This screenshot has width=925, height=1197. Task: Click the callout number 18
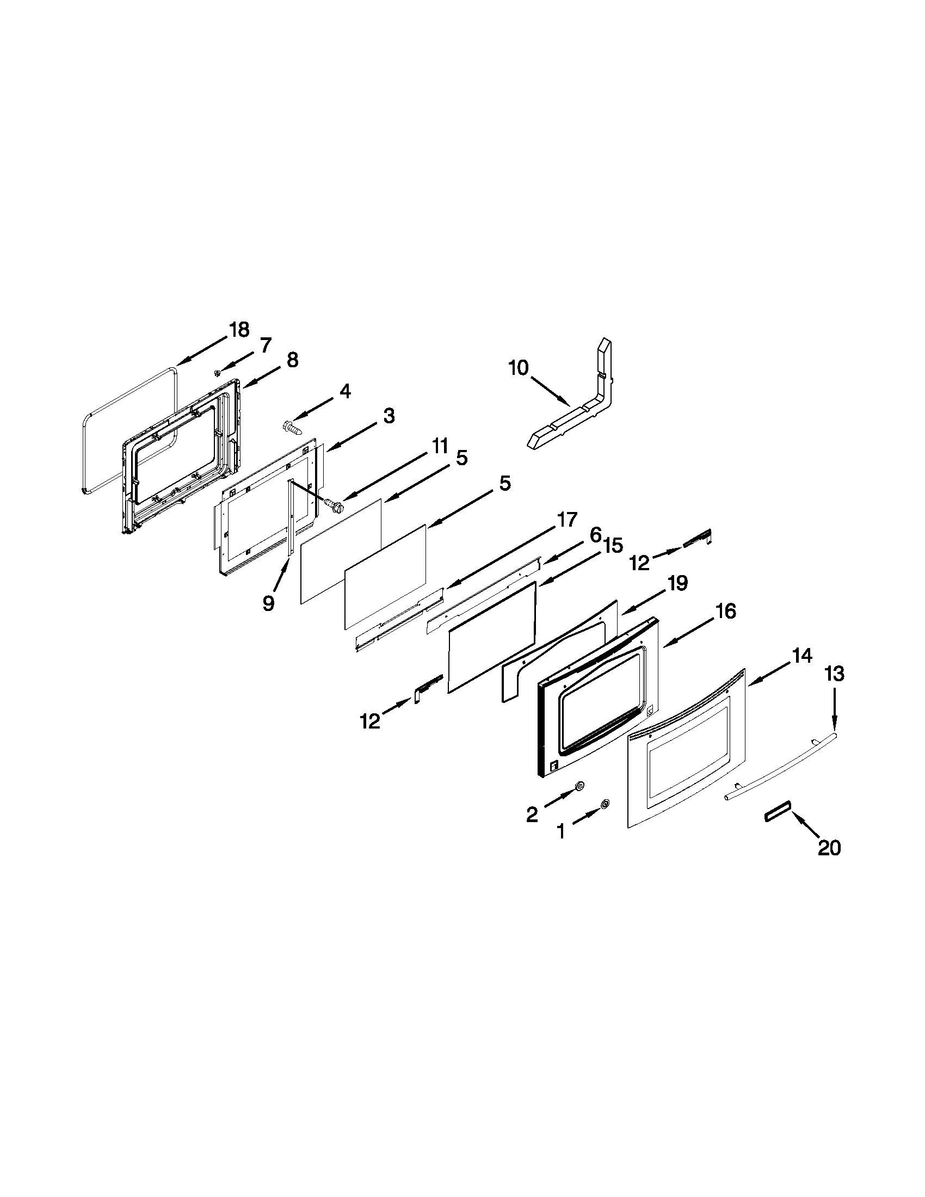[x=239, y=329]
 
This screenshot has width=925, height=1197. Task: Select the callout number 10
[x=518, y=368]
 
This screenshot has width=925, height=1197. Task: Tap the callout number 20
[x=829, y=848]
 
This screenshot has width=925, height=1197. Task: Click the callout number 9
[x=268, y=603]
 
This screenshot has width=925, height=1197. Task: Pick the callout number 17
[x=567, y=519]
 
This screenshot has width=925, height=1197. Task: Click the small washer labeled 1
[x=605, y=804]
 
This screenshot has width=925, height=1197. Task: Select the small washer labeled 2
[x=579, y=787]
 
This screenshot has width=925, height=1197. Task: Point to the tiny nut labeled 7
[x=218, y=373]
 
